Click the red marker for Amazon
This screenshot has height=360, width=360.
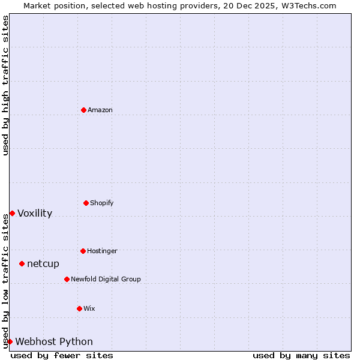tap(83, 110)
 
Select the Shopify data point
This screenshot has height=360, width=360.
tap(86, 203)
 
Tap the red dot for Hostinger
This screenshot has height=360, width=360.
tap(83, 251)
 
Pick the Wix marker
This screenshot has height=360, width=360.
tap(79, 308)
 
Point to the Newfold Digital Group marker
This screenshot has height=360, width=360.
tap(67, 279)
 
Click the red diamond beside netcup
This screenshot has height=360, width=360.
tap(22, 263)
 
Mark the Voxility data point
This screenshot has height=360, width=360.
tap(12, 213)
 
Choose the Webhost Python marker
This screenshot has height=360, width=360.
tap(10, 341)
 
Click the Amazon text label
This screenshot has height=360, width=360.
tap(100, 110)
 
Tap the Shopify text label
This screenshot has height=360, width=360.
tap(102, 203)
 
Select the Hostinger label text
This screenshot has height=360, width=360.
tap(102, 251)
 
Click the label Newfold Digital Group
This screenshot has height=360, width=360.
tap(106, 279)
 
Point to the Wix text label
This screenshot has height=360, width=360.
tap(89, 308)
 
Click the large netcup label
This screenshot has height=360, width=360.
tap(43, 263)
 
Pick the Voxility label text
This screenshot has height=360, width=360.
tap(35, 213)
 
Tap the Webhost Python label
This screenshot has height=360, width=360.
tap(54, 341)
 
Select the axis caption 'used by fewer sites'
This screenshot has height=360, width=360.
tap(62, 355)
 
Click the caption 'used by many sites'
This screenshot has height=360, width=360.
tap(301, 355)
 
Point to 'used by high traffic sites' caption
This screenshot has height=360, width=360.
tap(5, 85)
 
